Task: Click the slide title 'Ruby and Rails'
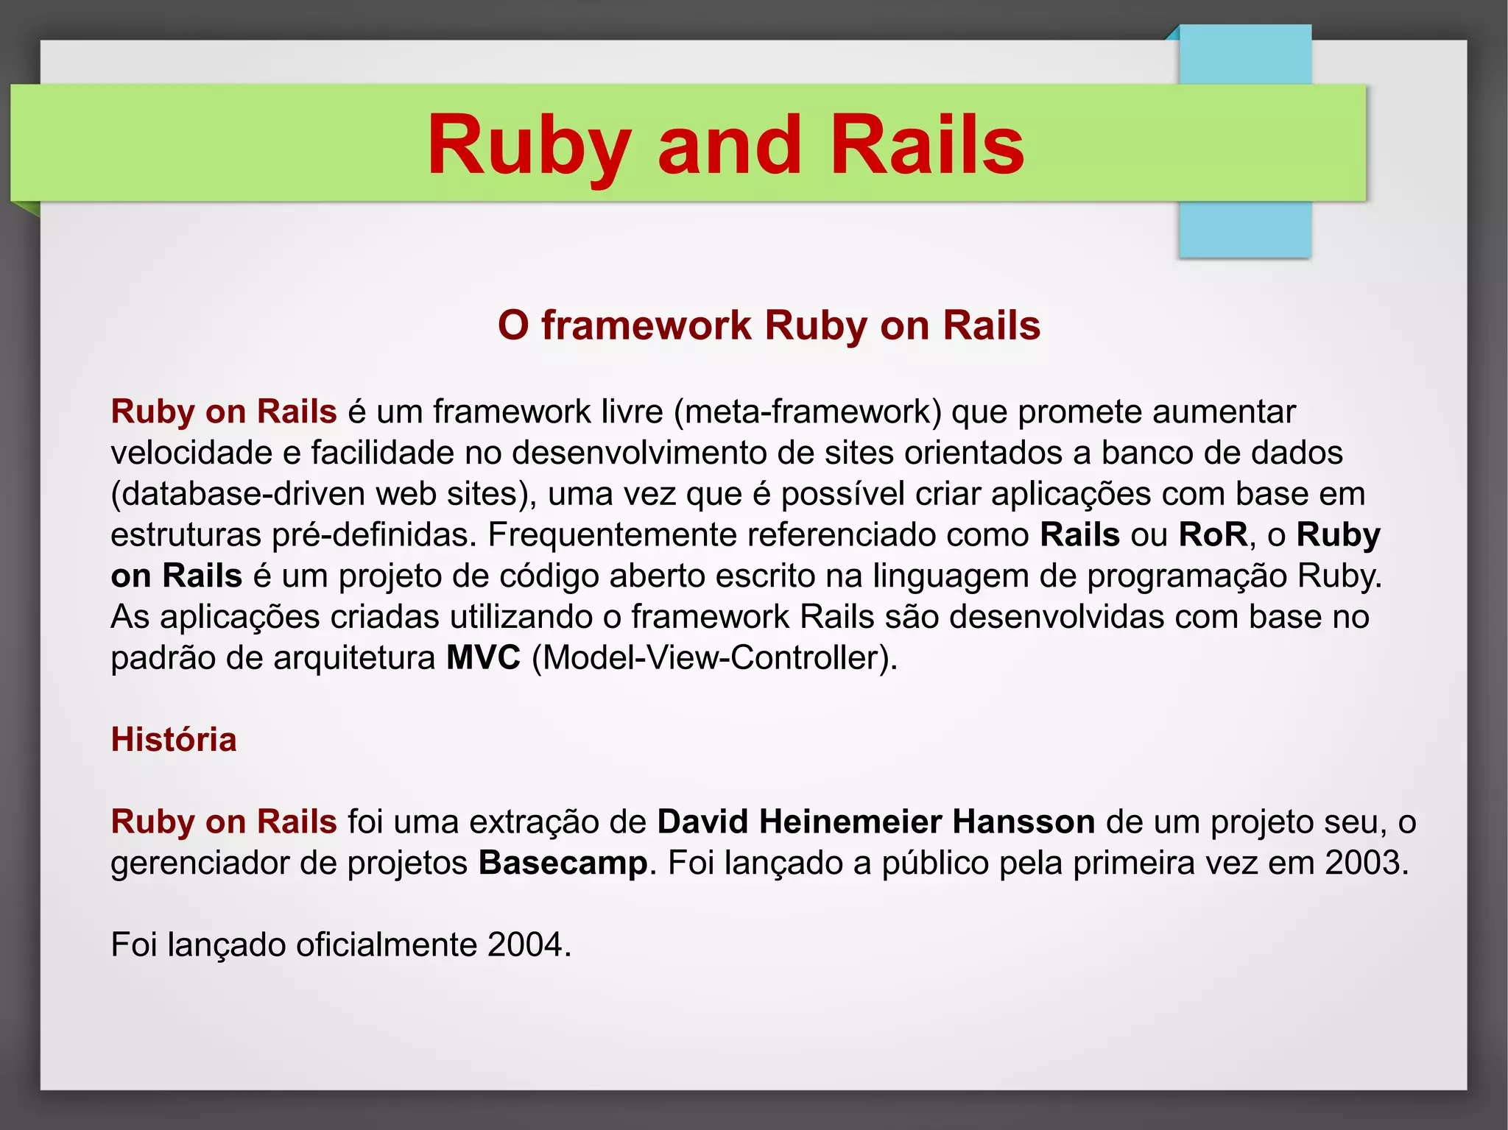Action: (725, 145)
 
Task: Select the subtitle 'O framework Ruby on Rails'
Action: (769, 325)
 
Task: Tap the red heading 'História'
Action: (174, 740)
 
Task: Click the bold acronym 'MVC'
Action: (483, 658)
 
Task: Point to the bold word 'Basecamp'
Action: (563, 863)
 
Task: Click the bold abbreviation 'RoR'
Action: (1213, 535)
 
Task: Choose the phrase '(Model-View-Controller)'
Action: (714, 658)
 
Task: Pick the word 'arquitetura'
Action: (354, 658)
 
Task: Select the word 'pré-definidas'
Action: (374, 535)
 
